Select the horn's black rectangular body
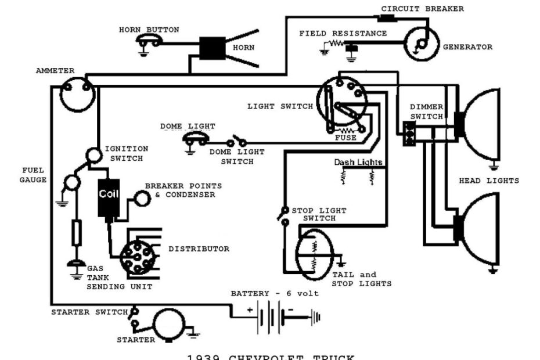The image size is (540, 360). click(213, 48)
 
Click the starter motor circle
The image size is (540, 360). click(167, 323)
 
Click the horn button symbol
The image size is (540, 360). click(149, 41)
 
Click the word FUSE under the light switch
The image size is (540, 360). click(346, 138)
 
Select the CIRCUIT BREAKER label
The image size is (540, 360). click(422, 9)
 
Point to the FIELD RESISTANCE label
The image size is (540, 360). click(343, 33)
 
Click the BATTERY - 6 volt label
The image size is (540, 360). click(275, 293)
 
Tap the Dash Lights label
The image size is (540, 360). click(358, 162)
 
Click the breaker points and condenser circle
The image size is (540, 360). click(142, 199)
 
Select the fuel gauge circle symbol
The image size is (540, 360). click(71, 182)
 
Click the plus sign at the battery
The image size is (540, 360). click(250, 310)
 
